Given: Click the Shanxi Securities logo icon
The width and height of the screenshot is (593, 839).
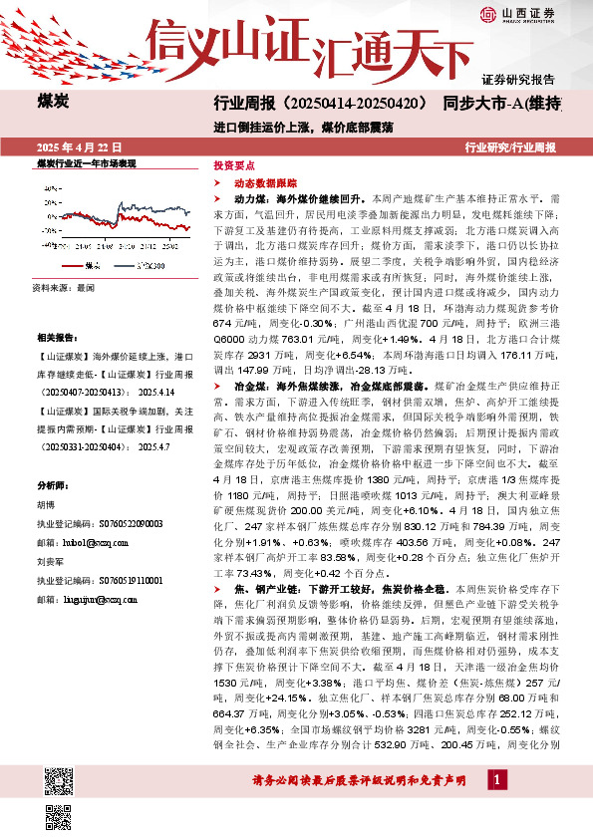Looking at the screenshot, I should tap(487, 13).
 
